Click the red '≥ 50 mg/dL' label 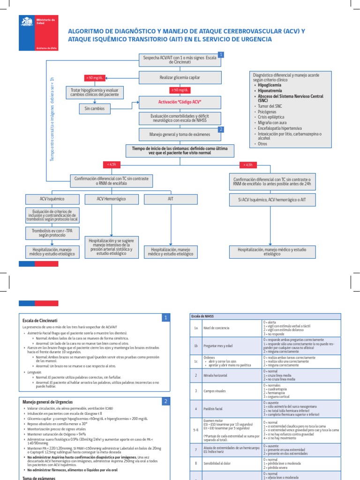(180, 90)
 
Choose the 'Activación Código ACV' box (180, 101)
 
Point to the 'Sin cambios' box (94, 109)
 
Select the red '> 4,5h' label (248, 165)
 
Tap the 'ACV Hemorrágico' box (112, 199)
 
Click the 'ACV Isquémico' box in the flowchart (52, 199)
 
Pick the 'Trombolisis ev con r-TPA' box (52, 232)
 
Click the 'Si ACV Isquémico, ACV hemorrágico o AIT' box (271, 199)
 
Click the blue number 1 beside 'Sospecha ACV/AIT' (221, 55)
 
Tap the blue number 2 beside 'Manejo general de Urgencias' (165, 401)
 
